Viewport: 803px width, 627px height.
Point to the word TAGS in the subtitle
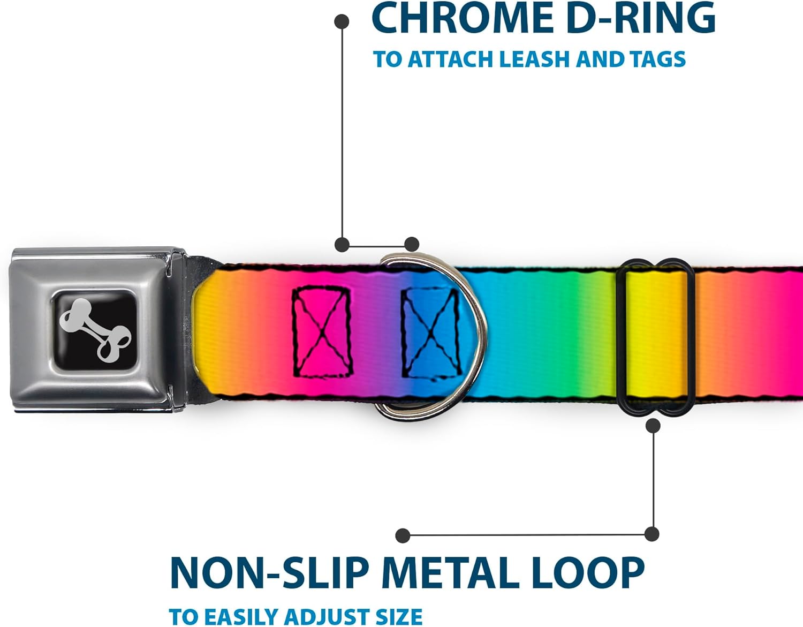[657, 59]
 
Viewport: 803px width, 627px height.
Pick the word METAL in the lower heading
[450, 573]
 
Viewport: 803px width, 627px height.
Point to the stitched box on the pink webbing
[322, 331]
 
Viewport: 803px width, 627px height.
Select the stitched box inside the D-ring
[431, 331]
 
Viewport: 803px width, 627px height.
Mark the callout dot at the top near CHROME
[342, 22]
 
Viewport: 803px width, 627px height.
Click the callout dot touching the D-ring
[411, 245]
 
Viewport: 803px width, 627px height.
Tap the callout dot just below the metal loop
[653, 426]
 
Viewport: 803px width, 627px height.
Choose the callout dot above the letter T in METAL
[403, 535]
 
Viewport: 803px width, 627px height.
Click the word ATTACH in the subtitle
[451, 59]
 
